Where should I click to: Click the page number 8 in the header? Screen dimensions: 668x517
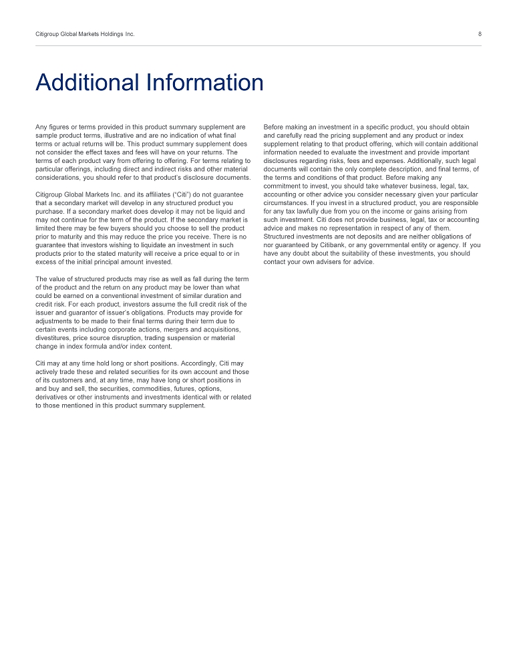click(x=480, y=34)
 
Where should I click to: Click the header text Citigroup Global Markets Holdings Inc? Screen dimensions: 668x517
click(x=85, y=34)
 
